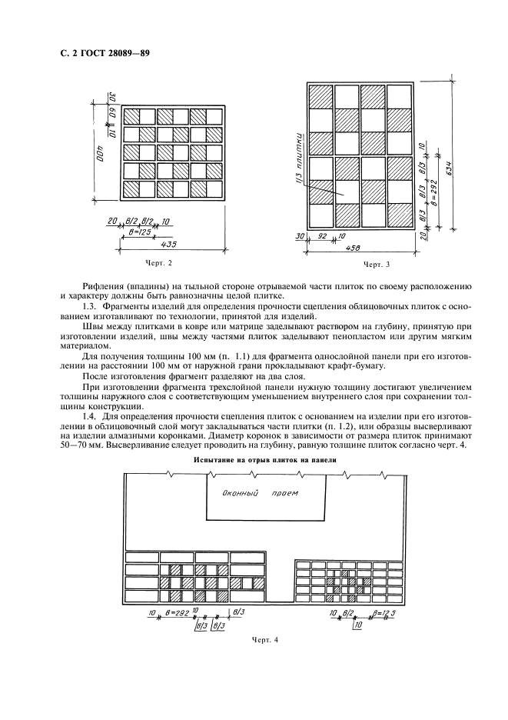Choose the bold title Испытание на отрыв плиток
click(x=264, y=460)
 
